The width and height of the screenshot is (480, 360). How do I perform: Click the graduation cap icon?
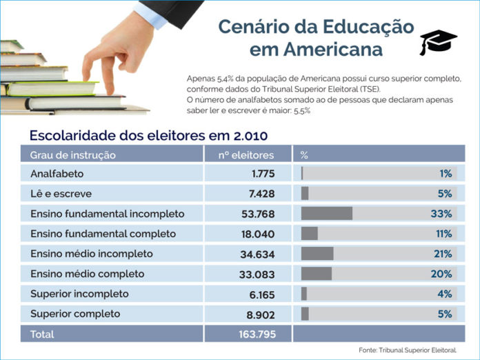[438, 42]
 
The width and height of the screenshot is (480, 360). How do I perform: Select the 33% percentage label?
[441, 214]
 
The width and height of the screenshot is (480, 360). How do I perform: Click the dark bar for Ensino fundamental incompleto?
[327, 214]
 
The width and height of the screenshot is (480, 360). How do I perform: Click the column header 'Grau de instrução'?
[73, 154]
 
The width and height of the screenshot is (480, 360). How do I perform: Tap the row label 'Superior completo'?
[75, 314]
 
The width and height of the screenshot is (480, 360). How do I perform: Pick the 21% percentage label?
[441, 254]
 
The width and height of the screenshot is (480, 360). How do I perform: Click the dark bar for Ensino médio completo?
[317, 274]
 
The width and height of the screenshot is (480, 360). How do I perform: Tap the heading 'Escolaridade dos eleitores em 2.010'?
[148, 134]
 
